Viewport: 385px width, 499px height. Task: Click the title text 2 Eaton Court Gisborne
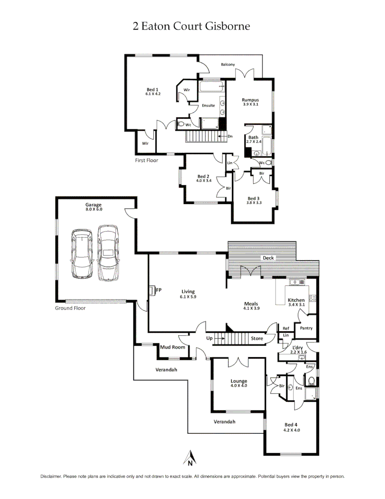(x=191, y=26)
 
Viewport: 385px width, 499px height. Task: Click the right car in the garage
(x=108, y=253)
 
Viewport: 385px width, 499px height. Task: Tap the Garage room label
(x=93, y=205)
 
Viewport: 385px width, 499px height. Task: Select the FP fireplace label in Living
(x=158, y=290)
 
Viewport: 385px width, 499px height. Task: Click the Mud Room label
(x=173, y=347)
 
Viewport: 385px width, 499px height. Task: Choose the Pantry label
(x=306, y=329)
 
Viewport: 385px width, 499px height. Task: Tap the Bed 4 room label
(x=291, y=425)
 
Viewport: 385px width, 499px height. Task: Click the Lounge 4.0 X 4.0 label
(x=239, y=382)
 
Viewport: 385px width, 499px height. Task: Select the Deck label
(x=268, y=258)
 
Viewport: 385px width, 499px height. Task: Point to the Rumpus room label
(x=250, y=100)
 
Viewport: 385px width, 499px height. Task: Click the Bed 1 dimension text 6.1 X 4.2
(x=153, y=94)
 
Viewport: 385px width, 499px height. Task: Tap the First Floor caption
(x=146, y=160)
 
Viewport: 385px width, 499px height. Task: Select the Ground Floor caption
(x=70, y=308)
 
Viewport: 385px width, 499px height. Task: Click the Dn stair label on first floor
(x=230, y=136)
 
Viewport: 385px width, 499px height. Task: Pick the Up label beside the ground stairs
(x=209, y=338)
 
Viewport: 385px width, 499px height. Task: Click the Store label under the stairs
(x=257, y=338)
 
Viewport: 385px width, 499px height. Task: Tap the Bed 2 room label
(x=204, y=176)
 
